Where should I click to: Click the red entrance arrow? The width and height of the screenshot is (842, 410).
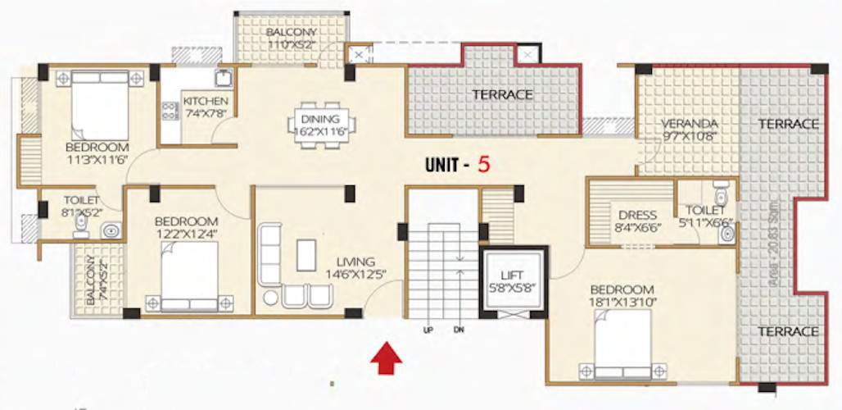(x=387, y=359)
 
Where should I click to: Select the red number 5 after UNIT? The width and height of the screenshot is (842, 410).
(x=484, y=163)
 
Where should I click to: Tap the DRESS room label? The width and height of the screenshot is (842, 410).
(x=636, y=215)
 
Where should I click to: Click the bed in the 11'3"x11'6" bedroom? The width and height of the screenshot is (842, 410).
(x=99, y=105)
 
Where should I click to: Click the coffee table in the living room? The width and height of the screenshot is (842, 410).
(x=306, y=254)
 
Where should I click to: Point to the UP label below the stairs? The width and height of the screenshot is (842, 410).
(x=428, y=330)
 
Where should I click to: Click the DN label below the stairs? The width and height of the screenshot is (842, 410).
(x=459, y=330)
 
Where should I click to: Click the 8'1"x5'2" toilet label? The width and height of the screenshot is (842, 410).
(x=80, y=206)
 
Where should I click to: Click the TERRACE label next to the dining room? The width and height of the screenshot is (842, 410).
(x=501, y=94)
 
